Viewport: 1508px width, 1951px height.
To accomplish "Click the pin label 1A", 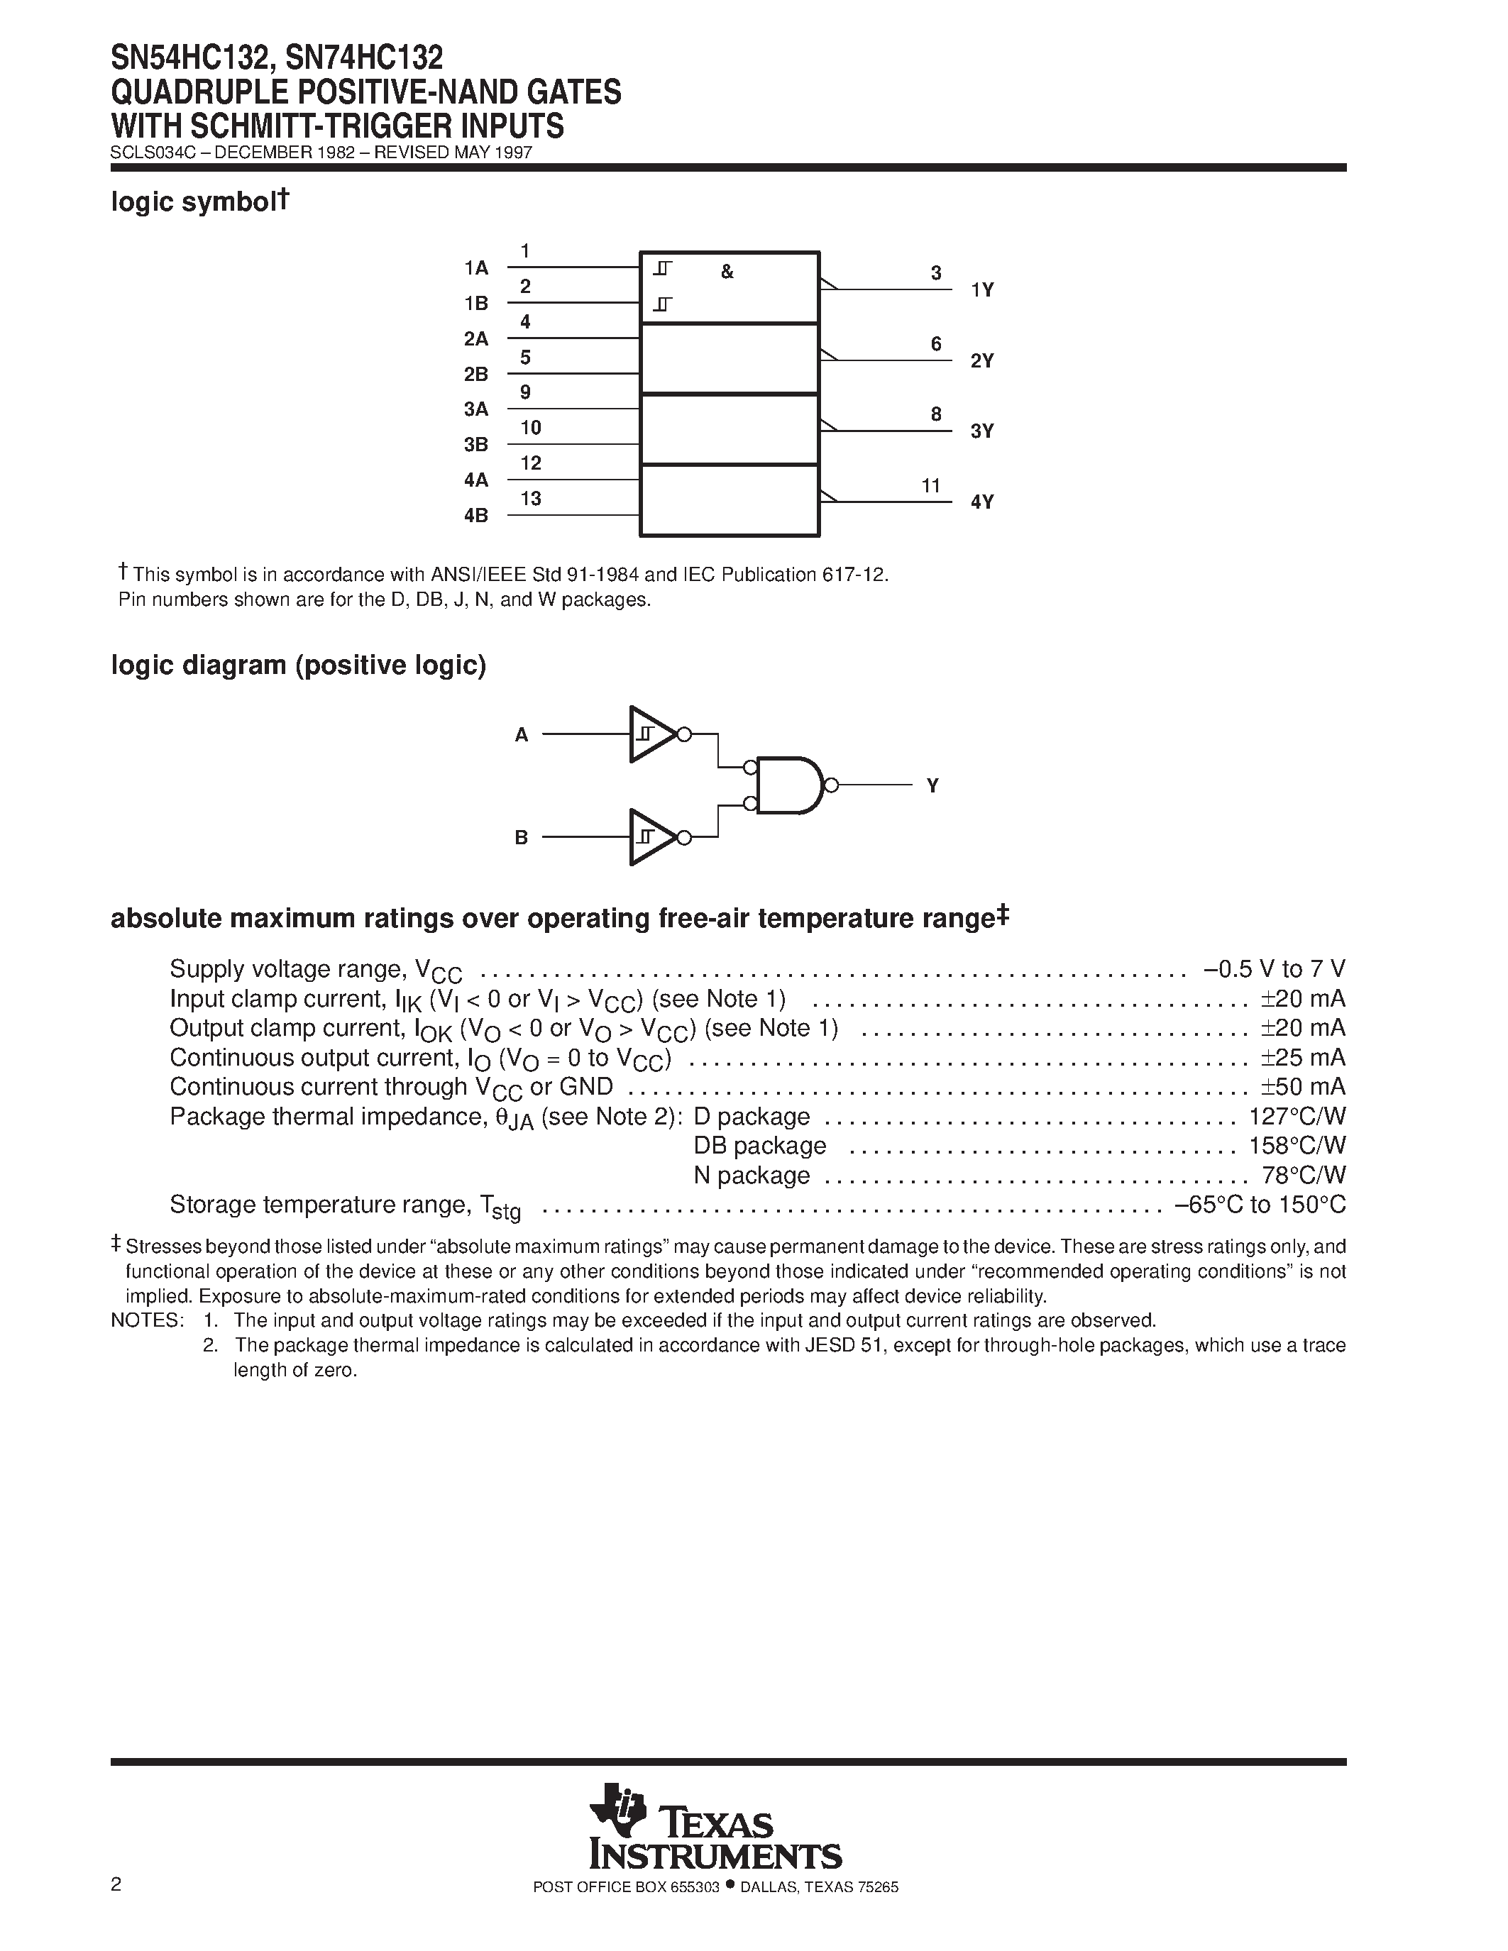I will [x=475, y=268].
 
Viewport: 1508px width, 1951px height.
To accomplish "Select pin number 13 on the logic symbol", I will [x=531, y=499].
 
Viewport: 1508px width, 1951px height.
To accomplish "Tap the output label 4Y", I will [x=982, y=502].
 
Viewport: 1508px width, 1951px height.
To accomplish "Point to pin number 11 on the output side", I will [x=931, y=486].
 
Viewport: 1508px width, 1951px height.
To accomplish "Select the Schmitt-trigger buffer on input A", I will [x=651, y=734].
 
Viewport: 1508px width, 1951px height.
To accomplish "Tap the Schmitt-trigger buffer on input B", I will [x=651, y=837].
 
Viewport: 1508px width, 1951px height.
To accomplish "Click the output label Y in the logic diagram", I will [x=932, y=786].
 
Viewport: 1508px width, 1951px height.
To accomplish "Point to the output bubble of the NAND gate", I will [x=832, y=785].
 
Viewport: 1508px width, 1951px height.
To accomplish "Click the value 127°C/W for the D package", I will [x=1297, y=1117].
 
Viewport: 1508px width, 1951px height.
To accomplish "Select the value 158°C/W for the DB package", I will [x=1297, y=1146].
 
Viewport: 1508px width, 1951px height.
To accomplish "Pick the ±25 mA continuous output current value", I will [x=1302, y=1058].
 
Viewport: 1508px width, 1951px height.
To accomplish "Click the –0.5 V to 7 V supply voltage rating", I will [x=1274, y=969].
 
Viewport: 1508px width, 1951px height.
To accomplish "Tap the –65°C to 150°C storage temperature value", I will [x=1260, y=1205].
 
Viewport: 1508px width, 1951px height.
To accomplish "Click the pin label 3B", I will [x=475, y=445].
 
